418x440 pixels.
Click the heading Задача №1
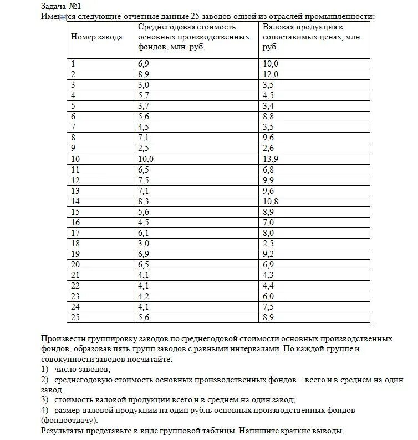click(x=62, y=6)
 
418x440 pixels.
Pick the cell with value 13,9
click(x=271, y=159)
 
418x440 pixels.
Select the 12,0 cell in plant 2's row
click(x=270, y=74)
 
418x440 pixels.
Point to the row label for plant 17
click(x=76, y=233)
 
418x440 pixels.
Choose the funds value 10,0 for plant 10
click(x=146, y=159)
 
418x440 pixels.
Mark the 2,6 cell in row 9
click(x=268, y=148)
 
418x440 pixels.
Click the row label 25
click(x=76, y=317)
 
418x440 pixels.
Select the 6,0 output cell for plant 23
click(x=268, y=296)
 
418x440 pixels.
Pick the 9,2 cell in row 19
click(x=268, y=254)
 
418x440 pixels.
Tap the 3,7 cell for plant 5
click(x=144, y=106)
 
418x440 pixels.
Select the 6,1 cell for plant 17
click(x=144, y=233)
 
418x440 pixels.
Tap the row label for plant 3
click(x=74, y=85)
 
